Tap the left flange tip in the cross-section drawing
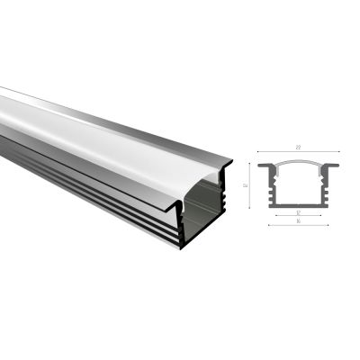point(260,166)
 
